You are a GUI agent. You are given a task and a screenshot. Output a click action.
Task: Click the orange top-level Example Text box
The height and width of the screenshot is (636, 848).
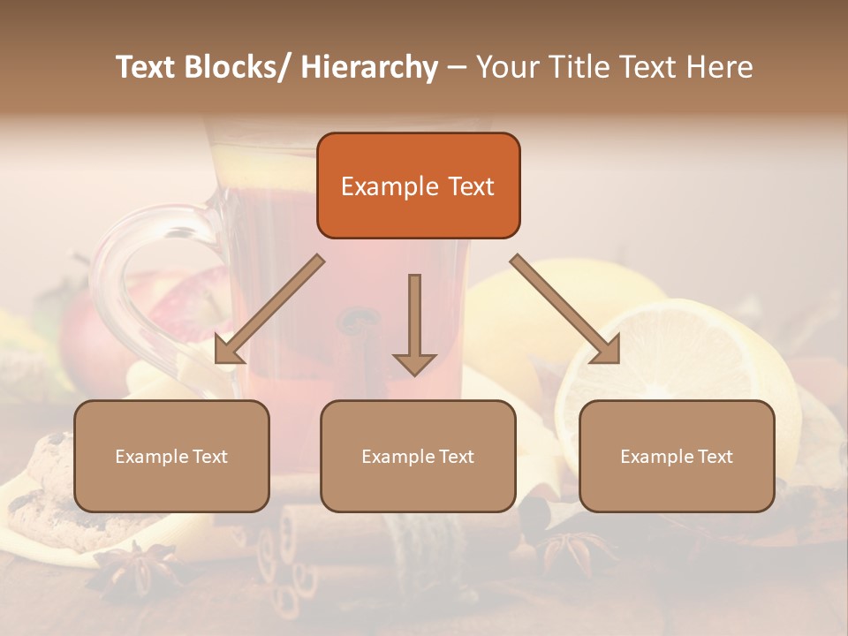click(418, 185)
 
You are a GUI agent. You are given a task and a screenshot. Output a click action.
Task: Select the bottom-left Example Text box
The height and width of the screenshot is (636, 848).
click(171, 456)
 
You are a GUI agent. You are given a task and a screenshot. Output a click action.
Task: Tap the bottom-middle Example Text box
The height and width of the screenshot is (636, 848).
click(418, 456)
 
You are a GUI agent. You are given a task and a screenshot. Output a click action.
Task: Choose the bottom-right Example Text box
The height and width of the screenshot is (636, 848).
click(677, 456)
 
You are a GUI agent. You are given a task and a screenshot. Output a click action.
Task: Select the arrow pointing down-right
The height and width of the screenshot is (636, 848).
click(565, 309)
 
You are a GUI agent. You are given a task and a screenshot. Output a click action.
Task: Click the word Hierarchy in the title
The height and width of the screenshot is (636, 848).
click(368, 67)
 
